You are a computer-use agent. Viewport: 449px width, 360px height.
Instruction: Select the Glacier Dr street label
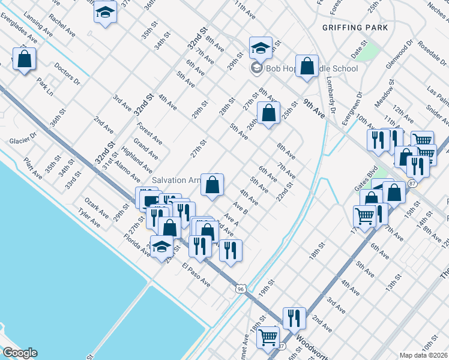point(23,141)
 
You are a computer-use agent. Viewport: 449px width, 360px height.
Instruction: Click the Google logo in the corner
point(19,353)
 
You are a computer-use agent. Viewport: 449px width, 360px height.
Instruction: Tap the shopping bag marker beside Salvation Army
point(212,185)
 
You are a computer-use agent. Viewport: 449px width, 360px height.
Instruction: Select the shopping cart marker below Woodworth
point(268,337)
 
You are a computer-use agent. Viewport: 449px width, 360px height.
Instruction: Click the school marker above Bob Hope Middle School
point(261,47)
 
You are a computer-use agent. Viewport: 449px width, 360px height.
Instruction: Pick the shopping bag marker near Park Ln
point(24,59)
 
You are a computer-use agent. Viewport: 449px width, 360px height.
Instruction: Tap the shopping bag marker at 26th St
point(268,112)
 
